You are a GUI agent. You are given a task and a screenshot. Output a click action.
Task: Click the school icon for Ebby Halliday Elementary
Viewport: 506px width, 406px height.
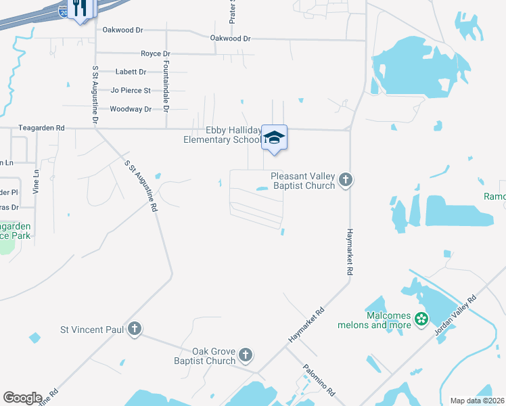coord(274,137)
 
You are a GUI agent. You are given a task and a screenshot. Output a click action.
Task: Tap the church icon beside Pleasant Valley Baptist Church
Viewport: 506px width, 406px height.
coord(346,180)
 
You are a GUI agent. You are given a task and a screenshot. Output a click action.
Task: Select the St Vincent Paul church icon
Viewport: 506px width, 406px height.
coord(135,329)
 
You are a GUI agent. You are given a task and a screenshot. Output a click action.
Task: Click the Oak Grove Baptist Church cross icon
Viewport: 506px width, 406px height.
coord(246,355)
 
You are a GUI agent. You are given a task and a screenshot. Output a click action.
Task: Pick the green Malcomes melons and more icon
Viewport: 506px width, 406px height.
coord(422,319)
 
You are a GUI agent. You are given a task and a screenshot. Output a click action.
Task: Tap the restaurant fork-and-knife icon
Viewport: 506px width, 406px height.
coord(80,7)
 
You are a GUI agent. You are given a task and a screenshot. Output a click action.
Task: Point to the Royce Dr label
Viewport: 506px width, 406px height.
coord(155,53)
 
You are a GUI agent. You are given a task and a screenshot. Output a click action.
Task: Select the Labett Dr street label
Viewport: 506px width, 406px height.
coord(131,72)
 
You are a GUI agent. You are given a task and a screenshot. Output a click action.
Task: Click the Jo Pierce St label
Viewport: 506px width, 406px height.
coord(131,90)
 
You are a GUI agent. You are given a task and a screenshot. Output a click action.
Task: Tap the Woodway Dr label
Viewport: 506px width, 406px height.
coord(131,109)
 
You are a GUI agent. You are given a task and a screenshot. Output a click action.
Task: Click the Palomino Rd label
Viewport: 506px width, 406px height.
coord(320,380)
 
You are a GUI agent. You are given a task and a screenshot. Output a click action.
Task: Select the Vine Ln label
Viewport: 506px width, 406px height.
coord(37,182)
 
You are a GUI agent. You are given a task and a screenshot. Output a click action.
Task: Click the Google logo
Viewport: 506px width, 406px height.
coord(22,398)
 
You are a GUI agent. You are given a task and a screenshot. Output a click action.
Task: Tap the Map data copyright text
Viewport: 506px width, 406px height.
coord(477,401)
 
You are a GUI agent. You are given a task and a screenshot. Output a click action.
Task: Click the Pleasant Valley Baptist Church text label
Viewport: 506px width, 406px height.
coord(302,181)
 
